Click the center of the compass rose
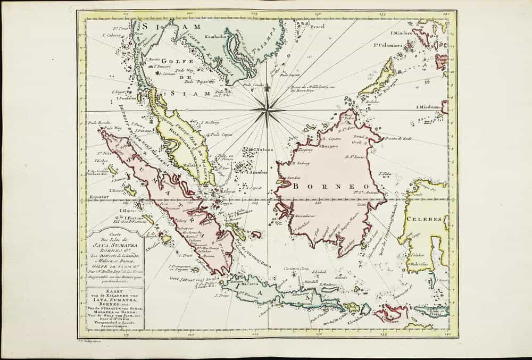click(268, 110)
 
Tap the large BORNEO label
click(319, 186)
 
